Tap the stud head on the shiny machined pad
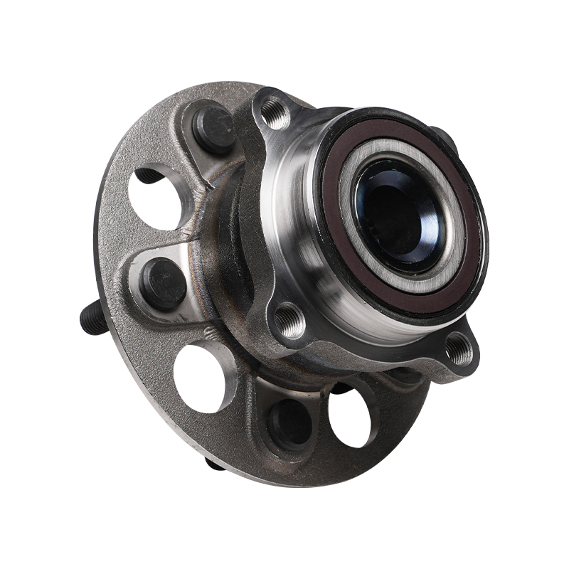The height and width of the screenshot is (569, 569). (x=163, y=282)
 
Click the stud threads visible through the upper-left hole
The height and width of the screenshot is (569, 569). (x=147, y=175)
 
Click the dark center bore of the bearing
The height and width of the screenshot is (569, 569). (x=398, y=213)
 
